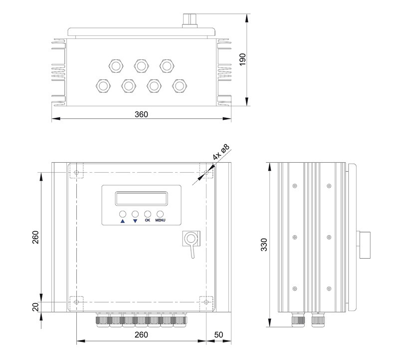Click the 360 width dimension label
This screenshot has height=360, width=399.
coord(141,114)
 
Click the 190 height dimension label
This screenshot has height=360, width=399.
coord(242,59)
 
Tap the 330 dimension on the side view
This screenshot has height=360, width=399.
coord(264,245)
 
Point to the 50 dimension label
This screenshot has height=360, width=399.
coord(218,335)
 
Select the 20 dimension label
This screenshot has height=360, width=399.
coord(36,307)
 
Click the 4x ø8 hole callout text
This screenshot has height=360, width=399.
coord(221,152)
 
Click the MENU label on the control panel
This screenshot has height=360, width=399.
coord(160,220)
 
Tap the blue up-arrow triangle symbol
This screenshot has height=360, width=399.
coord(123,221)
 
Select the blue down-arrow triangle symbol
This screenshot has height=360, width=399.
coord(135,221)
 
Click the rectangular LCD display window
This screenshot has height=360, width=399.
coord(142,198)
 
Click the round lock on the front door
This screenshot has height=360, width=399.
coord(191,239)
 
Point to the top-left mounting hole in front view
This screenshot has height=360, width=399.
coord(76,172)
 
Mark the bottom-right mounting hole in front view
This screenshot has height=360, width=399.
coord(206,302)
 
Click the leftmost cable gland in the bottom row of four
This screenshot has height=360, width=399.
coord(103,86)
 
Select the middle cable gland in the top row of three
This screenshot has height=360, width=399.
coord(142,66)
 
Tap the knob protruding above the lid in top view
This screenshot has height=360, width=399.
coord(190,20)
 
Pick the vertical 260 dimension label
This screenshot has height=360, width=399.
coord(35,237)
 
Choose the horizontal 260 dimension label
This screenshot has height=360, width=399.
coord(141,335)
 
